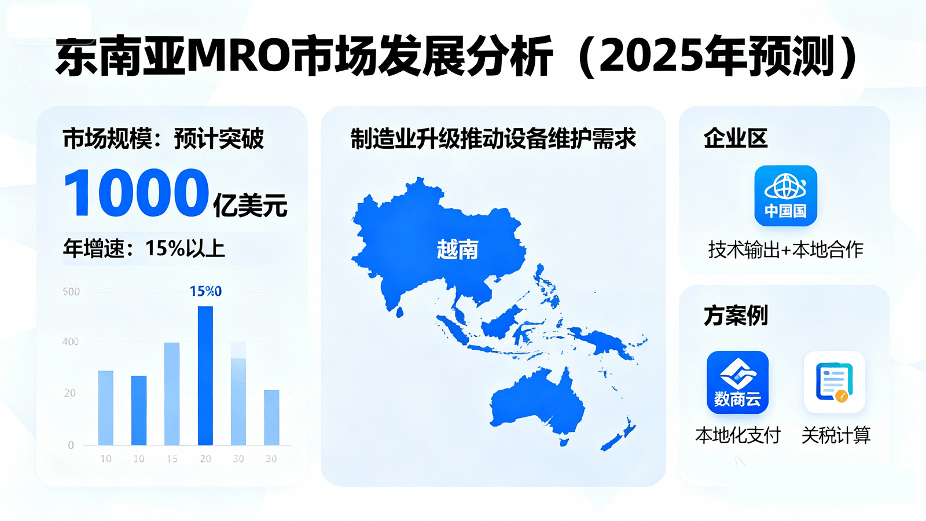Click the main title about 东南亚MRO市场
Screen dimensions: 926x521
[x=456, y=57]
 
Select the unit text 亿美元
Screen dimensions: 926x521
[x=250, y=205]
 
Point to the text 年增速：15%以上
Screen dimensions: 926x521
[x=144, y=248]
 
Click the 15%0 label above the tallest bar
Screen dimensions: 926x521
[x=205, y=291]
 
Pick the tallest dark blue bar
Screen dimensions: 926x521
[x=205, y=376]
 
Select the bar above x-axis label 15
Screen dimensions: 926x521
[x=172, y=394]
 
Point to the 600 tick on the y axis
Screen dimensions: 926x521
[x=71, y=292]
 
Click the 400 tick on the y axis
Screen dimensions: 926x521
[x=70, y=342]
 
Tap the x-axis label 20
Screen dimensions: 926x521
[x=205, y=458]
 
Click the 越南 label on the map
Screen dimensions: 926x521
[x=458, y=250]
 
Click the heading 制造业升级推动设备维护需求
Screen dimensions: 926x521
[x=493, y=138]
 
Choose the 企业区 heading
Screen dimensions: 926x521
[x=736, y=138]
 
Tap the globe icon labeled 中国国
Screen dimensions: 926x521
[x=785, y=196]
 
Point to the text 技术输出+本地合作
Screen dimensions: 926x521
[x=786, y=250]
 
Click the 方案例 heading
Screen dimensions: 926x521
[x=736, y=316]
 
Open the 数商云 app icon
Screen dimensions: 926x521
[x=737, y=383]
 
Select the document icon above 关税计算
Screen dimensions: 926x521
[x=834, y=382]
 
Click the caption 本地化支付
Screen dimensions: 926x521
[x=738, y=435]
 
